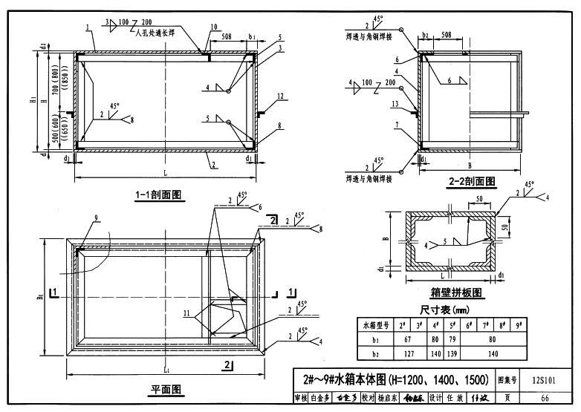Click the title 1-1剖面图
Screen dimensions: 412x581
tap(158, 194)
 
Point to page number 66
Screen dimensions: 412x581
tap(548, 399)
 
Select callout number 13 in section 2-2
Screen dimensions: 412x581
tap(395, 103)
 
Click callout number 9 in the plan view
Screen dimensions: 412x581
tap(96, 218)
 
